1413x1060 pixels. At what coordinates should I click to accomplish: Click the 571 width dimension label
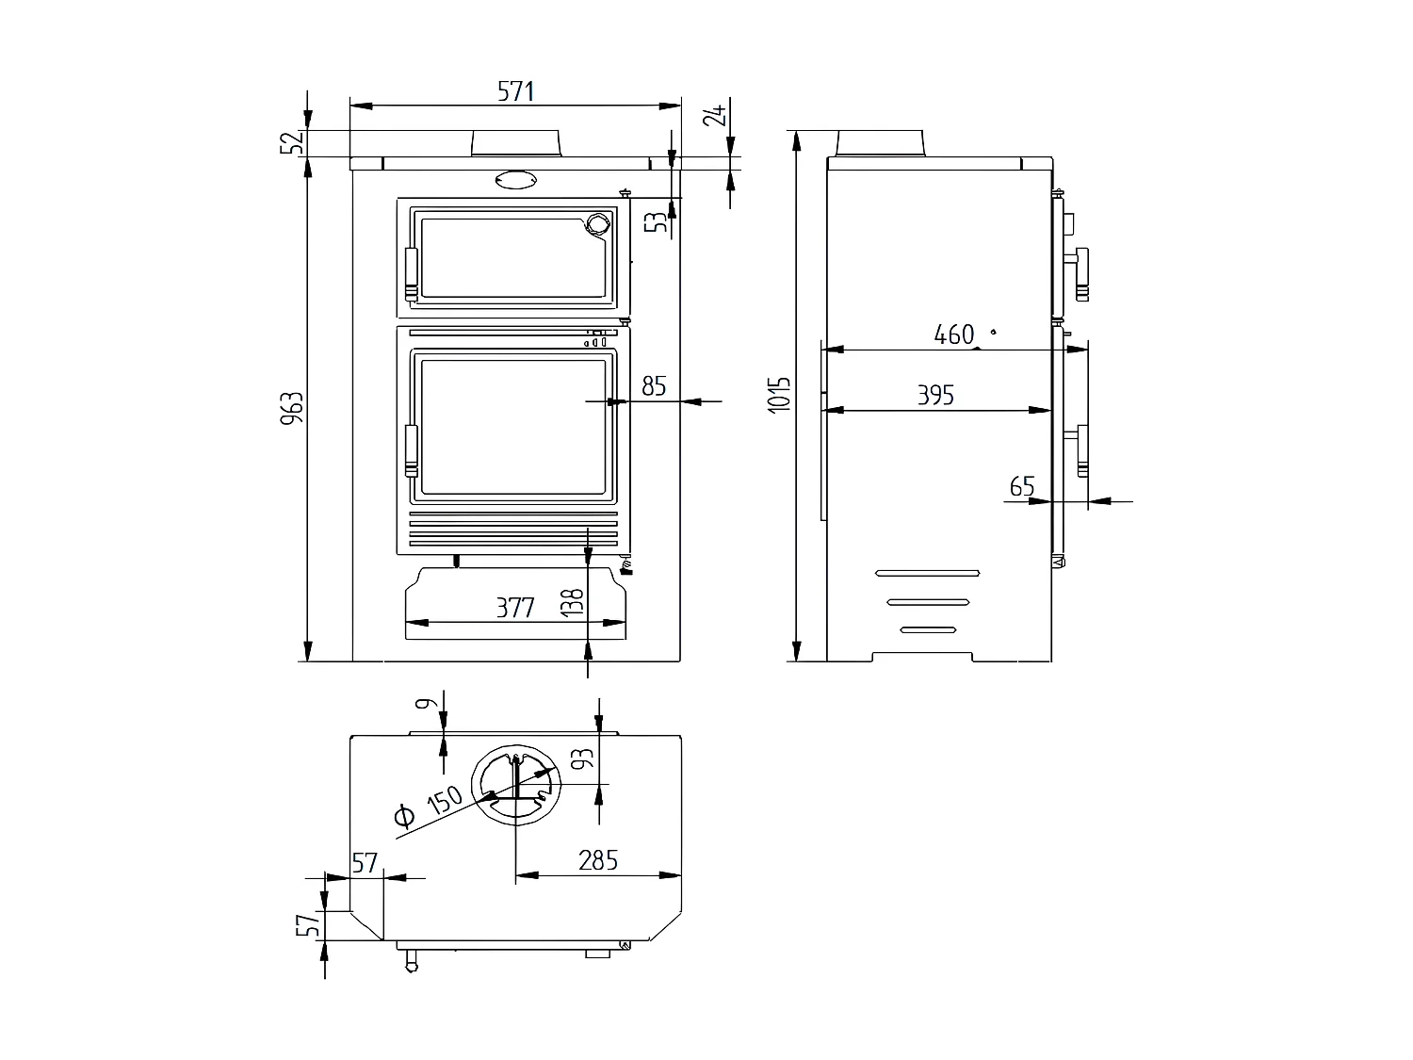pyautogui.click(x=515, y=91)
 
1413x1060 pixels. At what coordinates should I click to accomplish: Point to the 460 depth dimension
pyautogui.click(x=953, y=334)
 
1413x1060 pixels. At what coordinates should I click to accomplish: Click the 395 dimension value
pyautogui.click(x=935, y=396)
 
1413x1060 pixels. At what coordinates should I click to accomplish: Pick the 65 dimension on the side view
pyautogui.click(x=1022, y=487)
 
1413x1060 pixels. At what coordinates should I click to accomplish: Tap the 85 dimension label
pyautogui.click(x=654, y=386)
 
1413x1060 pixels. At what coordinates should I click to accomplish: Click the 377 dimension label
pyautogui.click(x=515, y=609)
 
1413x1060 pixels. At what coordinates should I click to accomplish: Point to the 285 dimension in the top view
pyautogui.click(x=598, y=860)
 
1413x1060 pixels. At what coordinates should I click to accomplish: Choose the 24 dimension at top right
pyautogui.click(x=717, y=115)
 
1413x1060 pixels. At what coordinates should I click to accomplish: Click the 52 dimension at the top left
pyautogui.click(x=295, y=142)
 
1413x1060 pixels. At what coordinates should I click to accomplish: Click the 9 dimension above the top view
pyautogui.click(x=425, y=703)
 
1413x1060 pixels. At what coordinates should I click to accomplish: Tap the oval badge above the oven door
pyautogui.click(x=514, y=179)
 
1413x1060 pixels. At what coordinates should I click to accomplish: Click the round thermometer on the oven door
pyautogui.click(x=597, y=223)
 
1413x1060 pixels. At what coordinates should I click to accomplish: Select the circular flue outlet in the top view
pyautogui.click(x=515, y=786)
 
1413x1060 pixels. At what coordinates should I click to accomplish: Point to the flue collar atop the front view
pyautogui.click(x=516, y=143)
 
